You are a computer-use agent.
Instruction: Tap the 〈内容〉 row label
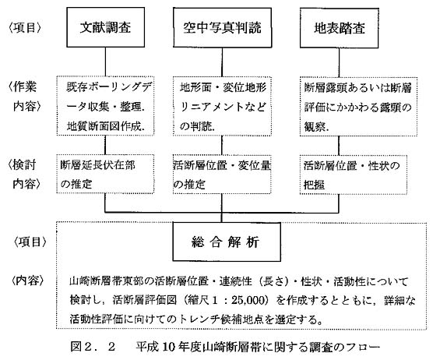tap(27, 281)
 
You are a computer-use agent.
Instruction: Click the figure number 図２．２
tap(93, 347)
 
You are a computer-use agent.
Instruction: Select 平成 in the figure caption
tap(147, 347)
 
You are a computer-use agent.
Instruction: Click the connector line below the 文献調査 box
tap(105, 62)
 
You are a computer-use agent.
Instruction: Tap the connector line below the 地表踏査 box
tap(339, 62)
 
